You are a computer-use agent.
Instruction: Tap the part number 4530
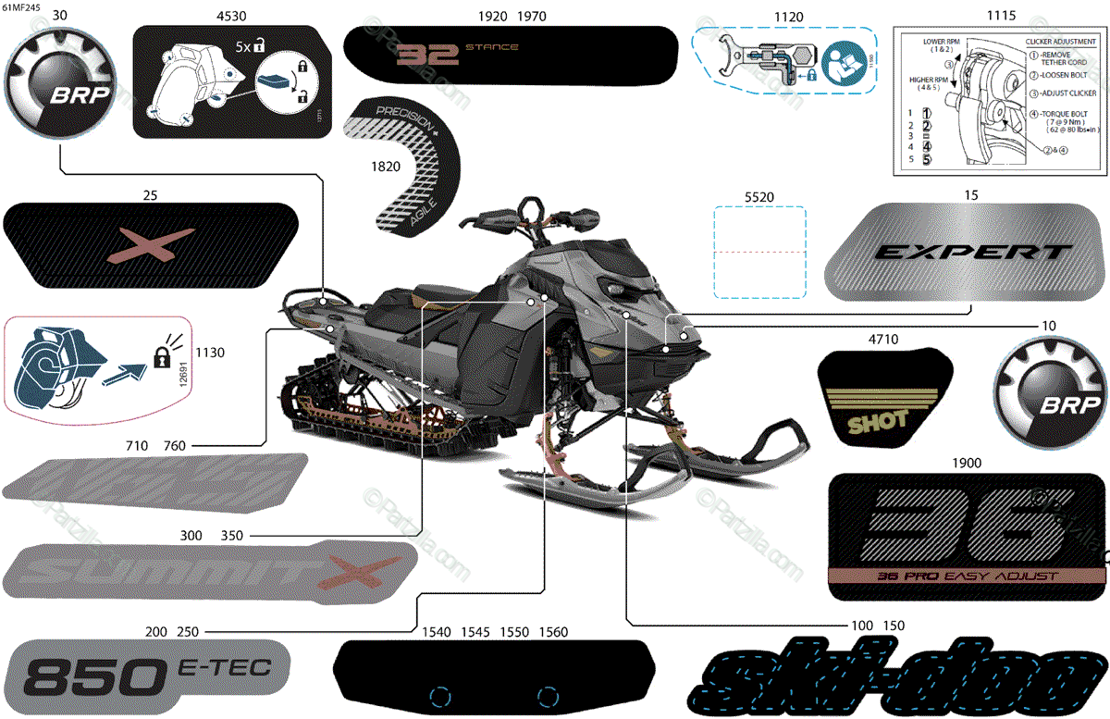[230, 16]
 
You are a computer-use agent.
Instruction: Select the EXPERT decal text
[971, 252]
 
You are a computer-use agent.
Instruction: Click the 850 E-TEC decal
[148, 677]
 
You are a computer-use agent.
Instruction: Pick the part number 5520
[758, 197]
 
